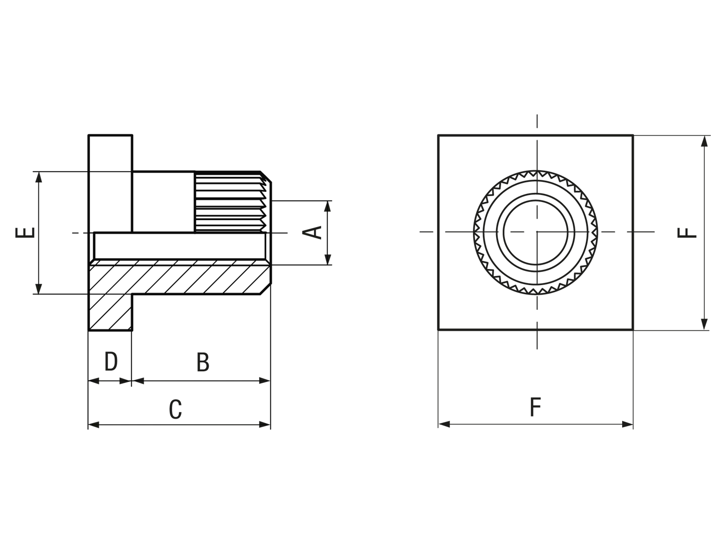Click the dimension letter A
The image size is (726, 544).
tap(312, 233)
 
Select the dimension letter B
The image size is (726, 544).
tap(203, 362)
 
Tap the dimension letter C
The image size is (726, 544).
tap(175, 409)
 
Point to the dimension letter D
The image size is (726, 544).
tap(111, 361)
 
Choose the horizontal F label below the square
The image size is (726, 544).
tap(535, 407)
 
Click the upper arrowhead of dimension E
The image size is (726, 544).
tap(39, 177)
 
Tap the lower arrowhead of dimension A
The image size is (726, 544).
tap(328, 259)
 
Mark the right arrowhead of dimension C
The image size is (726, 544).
tap(265, 425)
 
